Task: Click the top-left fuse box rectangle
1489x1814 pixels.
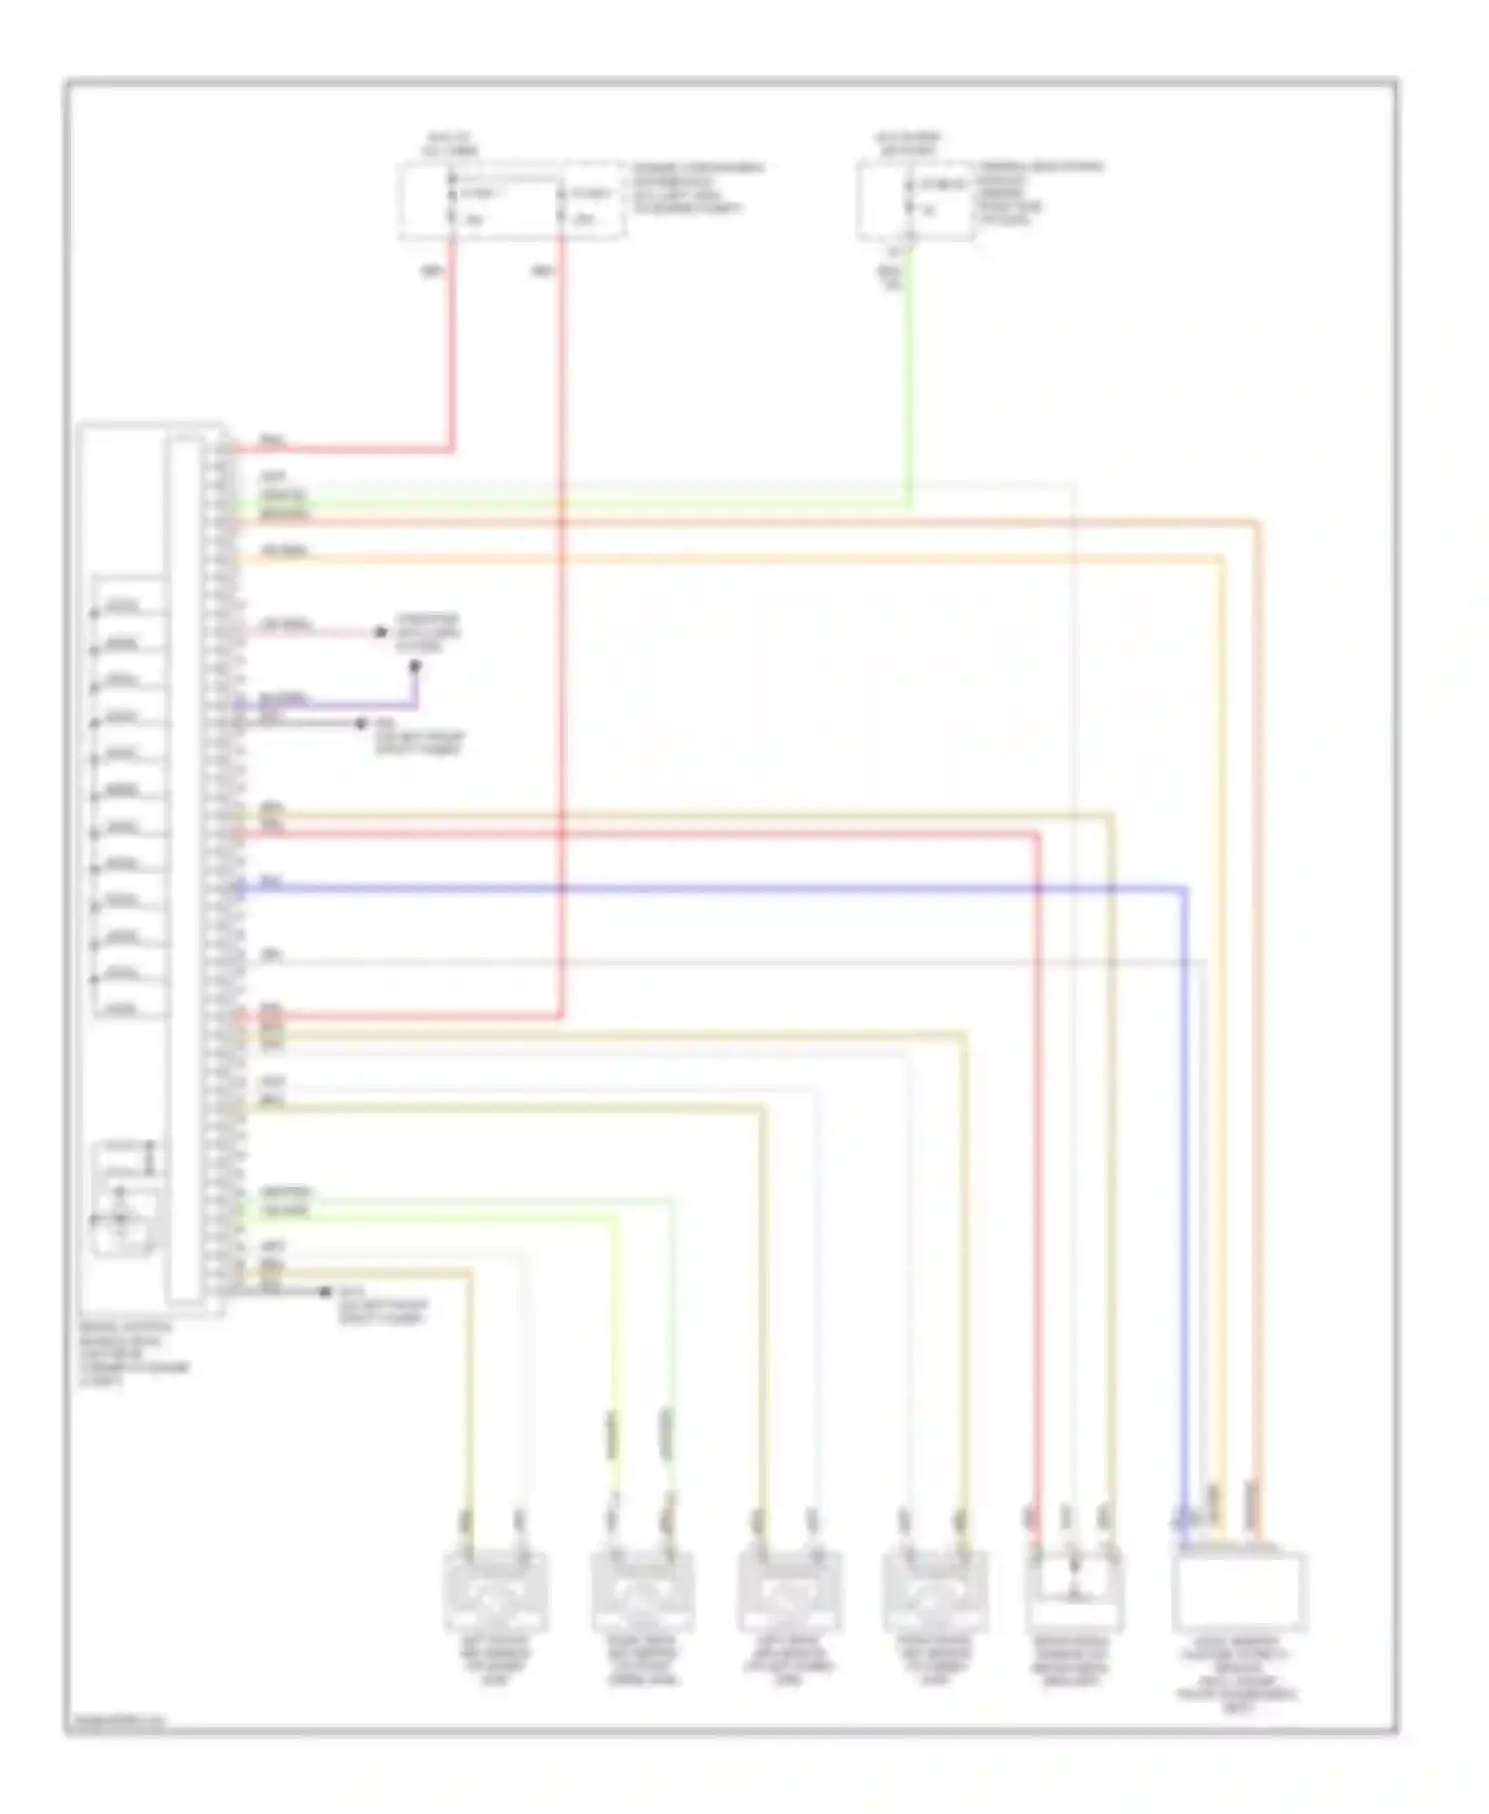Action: coord(511,201)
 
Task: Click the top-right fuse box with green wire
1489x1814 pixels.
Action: coord(915,202)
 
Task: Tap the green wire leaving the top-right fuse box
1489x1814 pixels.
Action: coord(908,377)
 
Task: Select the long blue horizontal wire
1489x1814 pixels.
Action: coord(695,888)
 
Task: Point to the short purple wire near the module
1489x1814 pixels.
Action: coord(328,706)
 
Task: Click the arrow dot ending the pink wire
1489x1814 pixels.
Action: coord(380,632)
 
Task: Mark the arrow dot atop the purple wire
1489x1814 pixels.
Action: coord(415,667)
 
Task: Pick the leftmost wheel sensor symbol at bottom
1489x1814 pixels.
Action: coord(495,1593)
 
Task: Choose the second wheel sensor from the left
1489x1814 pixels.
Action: coord(642,1593)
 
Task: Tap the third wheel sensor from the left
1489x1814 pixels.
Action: coord(789,1593)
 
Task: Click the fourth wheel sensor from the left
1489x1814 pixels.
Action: coord(935,1593)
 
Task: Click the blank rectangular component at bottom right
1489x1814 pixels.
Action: coord(1240,1592)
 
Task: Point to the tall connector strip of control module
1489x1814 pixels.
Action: coord(183,868)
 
